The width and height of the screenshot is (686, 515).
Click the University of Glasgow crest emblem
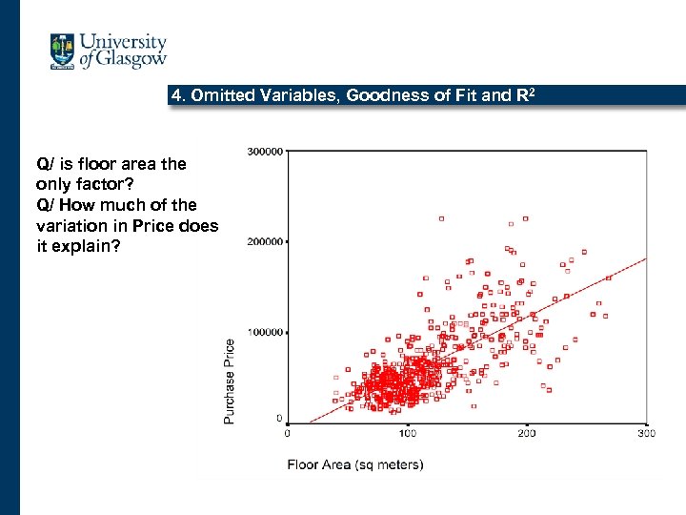coord(63,51)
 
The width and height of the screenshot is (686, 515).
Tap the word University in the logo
coord(123,42)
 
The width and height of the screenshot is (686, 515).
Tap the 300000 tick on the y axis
coord(264,151)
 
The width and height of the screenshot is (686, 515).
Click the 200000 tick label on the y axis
coord(264,241)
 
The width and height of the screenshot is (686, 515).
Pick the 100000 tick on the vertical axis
coord(264,332)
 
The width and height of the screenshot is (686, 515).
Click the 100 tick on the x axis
coord(407,433)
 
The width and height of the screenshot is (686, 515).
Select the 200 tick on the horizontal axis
coord(526,433)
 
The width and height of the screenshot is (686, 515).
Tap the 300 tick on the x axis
coord(645,433)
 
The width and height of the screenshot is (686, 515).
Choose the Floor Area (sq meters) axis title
coord(355,464)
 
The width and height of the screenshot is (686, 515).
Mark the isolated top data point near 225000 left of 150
coord(441,218)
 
